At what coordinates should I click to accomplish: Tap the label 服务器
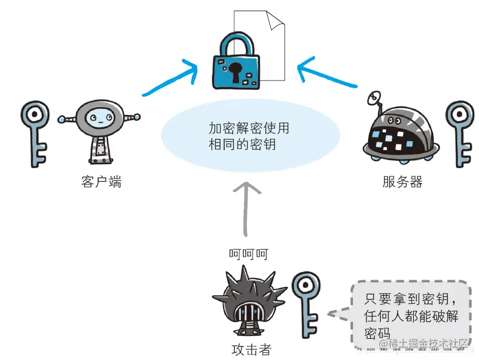click(x=402, y=182)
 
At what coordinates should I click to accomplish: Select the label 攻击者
click(x=251, y=350)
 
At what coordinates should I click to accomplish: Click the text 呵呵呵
click(x=248, y=255)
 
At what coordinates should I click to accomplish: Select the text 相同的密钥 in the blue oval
click(x=242, y=145)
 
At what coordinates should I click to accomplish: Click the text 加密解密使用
click(x=249, y=128)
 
